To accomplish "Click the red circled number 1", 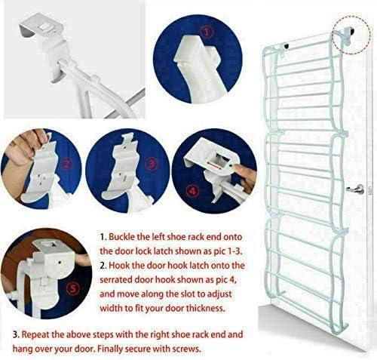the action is point(207,32).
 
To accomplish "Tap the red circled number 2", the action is point(66,165).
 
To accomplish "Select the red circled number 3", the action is point(151,165).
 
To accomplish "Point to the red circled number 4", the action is point(193,192).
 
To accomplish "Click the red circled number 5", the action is point(72,288).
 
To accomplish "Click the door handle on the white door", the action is point(356,189).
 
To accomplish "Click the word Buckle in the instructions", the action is point(121,237).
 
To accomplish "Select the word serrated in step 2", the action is point(117,280).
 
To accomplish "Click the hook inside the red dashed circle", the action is point(345,35).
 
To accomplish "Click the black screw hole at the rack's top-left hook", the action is point(287,46).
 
